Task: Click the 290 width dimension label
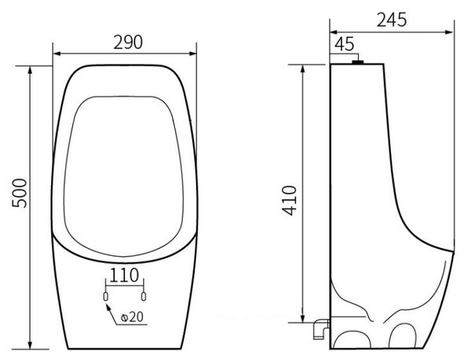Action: [x=128, y=42]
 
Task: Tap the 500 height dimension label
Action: [x=20, y=193]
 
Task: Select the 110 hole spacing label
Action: [x=124, y=275]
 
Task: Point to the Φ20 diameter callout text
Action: [x=132, y=316]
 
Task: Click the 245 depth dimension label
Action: [x=392, y=20]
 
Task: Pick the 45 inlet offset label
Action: [x=345, y=44]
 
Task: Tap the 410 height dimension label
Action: [x=290, y=201]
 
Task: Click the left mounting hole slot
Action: [x=105, y=297]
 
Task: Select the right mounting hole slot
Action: [x=144, y=297]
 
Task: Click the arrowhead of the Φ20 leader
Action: [x=108, y=307]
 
